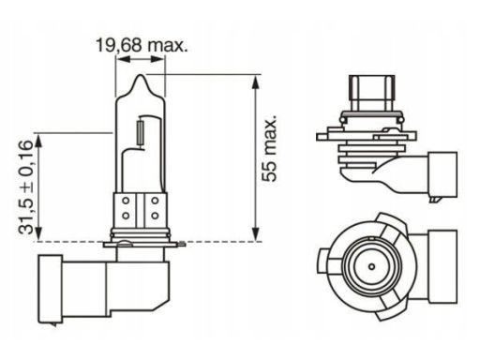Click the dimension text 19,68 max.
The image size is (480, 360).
[142, 46]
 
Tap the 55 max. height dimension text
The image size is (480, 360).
[269, 148]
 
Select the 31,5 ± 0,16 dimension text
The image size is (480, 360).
[25, 187]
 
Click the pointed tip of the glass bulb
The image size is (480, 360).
[142, 75]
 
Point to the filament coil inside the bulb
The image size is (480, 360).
[141, 132]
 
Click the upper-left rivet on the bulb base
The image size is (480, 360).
[126, 201]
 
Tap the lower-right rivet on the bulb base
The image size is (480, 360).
[155, 216]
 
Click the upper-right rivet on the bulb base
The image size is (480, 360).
[155, 201]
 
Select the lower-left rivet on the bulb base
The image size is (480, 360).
[126, 216]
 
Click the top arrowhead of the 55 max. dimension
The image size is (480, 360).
[256, 82]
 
